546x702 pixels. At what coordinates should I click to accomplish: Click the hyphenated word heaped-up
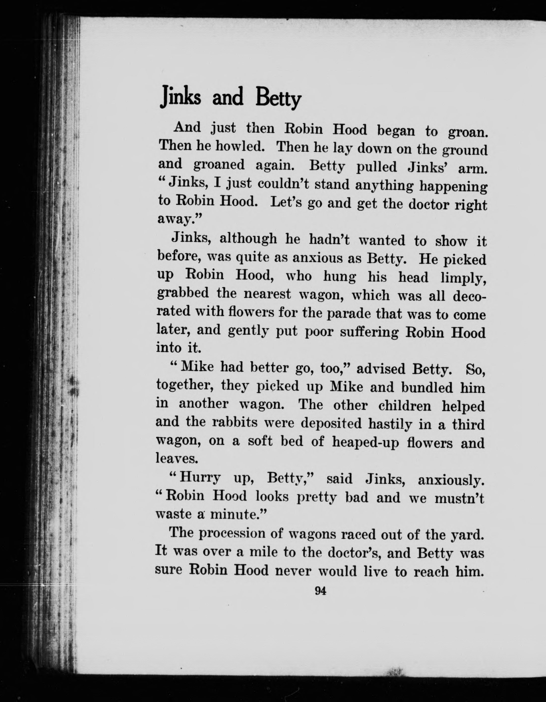point(365,443)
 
